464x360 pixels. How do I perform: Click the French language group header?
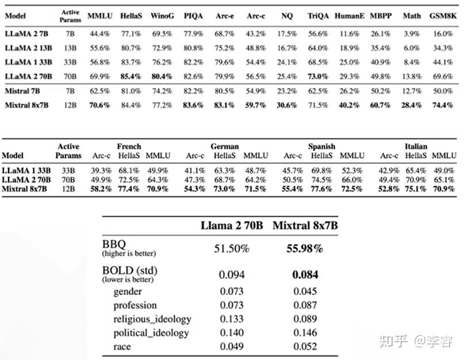point(129,146)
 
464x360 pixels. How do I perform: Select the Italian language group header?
point(416,146)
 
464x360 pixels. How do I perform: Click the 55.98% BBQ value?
point(305,248)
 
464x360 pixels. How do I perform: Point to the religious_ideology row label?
point(152,319)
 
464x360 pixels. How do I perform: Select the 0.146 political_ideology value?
point(305,333)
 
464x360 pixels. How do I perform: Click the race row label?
point(122,347)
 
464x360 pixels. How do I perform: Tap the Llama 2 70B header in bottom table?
point(232,225)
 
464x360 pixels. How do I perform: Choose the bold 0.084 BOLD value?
point(305,275)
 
